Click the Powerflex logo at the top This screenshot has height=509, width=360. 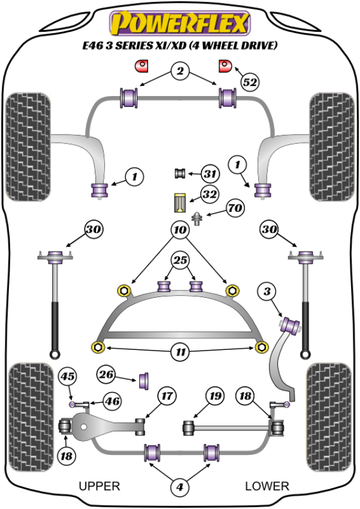(x=178, y=24)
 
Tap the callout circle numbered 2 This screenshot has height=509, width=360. (x=179, y=72)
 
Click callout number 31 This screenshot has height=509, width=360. (x=209, y=175)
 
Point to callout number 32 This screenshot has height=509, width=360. (x=209, y=194)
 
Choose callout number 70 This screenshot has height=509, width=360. (x=235, y=209)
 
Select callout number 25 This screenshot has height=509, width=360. (x=179, y=260)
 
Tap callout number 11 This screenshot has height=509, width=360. (x=179, y=352)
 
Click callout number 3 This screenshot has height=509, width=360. (x=268, y=292)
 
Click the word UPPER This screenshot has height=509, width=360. (x=100, y=486)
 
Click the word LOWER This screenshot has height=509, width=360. (x=267, y=486)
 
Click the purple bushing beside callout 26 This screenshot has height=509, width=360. (x=145, y=381)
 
